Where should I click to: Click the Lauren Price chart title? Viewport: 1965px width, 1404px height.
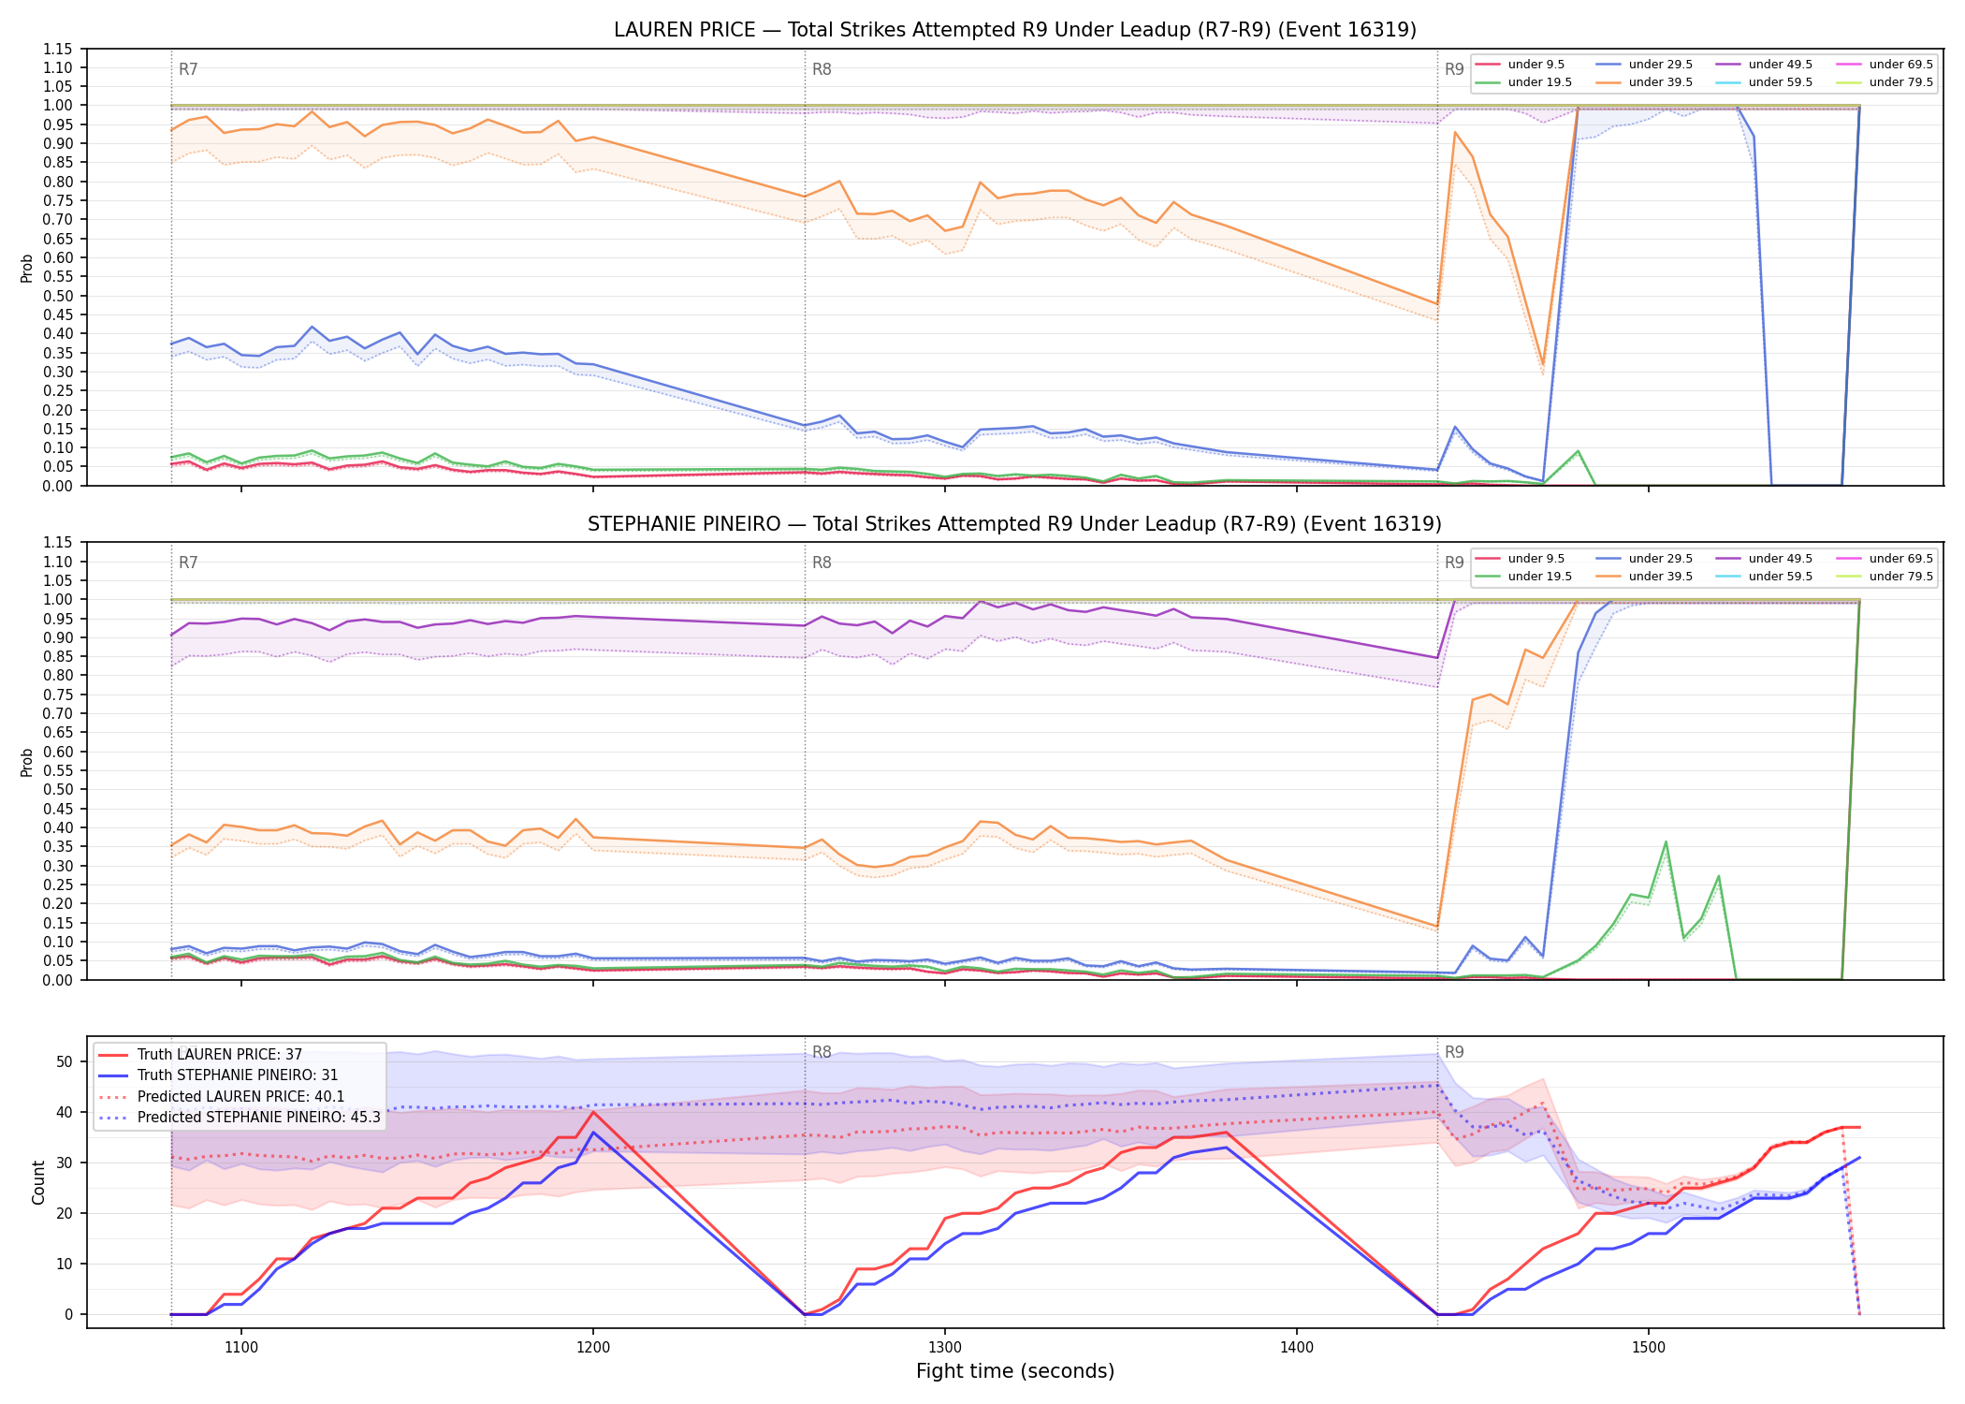point(1015,30)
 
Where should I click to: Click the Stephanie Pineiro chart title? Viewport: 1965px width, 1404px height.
point(1015,524)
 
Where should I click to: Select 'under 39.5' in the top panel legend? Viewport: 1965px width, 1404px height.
point(1660,82)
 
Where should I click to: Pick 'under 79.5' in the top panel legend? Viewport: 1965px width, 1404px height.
point(1900,82)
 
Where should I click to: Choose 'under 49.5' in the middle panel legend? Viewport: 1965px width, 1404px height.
point(1781,559)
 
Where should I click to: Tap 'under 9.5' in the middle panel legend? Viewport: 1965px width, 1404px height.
point(1536,559)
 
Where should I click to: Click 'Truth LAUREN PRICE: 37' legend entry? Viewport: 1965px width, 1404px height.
point(220,1055)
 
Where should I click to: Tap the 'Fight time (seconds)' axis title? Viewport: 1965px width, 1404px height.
point(1015,1372)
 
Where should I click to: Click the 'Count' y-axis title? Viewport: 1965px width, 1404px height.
point(38,1183)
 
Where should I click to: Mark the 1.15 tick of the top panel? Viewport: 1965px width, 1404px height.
point(58,49)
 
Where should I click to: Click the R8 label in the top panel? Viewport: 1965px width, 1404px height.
point(822,69)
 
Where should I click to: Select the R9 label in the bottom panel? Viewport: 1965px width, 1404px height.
point(1454,1052)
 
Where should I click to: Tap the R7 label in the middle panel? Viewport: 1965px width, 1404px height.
point(188,563)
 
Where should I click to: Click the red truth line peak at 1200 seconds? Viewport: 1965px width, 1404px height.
point(593,1112)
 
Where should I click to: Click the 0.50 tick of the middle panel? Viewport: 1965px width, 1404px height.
point(58,790)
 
